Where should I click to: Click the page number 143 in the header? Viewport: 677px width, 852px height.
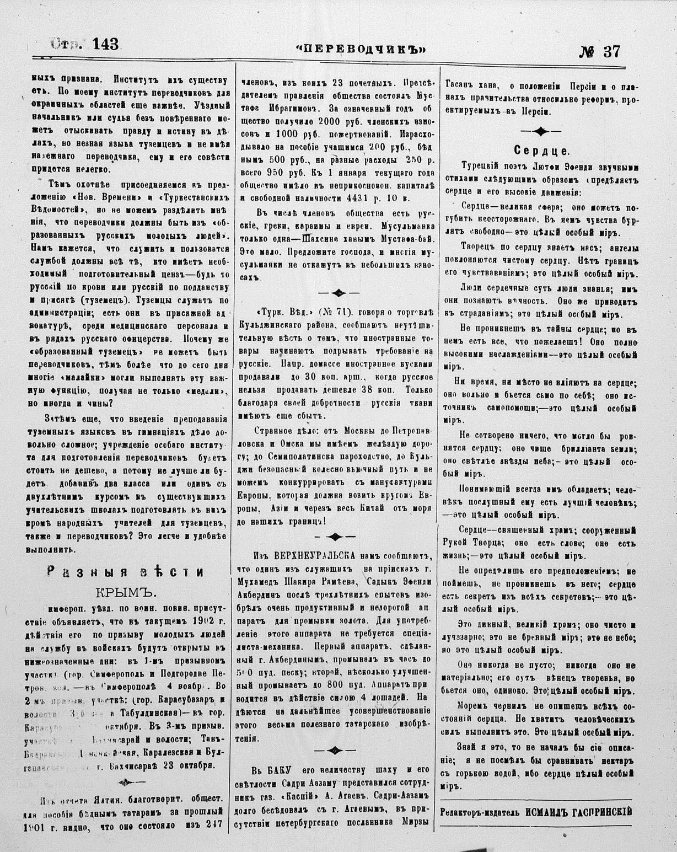click(x=102, y=45)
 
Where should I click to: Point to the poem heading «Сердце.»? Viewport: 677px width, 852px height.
click(x=542, y=150)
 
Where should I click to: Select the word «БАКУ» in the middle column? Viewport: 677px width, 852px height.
click(x=282, y=770)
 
